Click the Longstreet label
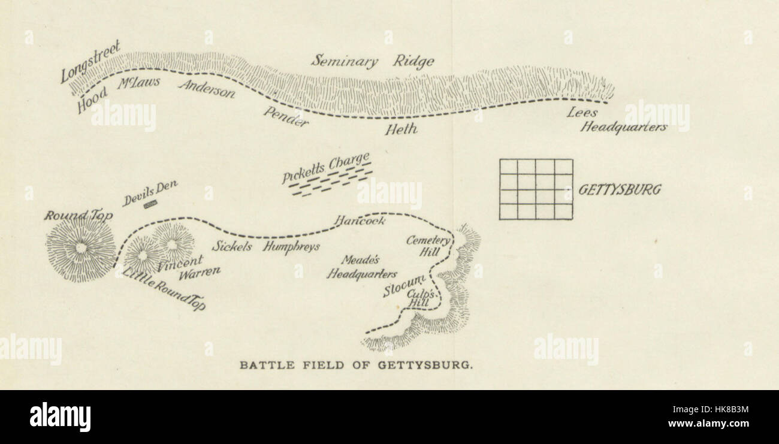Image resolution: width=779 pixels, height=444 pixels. (90, 61)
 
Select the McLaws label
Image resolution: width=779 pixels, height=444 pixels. (138, 82)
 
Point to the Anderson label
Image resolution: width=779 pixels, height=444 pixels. (207, 89)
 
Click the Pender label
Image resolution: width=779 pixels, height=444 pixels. (286, 116)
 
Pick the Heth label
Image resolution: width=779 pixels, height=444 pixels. (401, 128)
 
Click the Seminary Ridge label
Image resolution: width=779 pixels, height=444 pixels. (372, 61)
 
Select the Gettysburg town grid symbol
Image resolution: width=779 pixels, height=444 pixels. (536, 189)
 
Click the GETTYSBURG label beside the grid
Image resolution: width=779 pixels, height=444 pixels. (620, 190)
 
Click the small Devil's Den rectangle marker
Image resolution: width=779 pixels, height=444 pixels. (150, 205)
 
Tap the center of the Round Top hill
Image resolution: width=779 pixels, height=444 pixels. (80, 247)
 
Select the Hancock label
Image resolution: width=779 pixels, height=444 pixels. (360, 221)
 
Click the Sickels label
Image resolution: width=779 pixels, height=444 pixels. (231, 246)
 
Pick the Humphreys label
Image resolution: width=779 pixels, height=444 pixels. (292, 246)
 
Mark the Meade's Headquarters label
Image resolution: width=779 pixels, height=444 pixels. (361, 267)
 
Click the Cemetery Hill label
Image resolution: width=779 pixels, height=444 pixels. (428, 246)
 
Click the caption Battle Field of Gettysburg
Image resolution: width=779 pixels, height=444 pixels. (356, 364)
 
